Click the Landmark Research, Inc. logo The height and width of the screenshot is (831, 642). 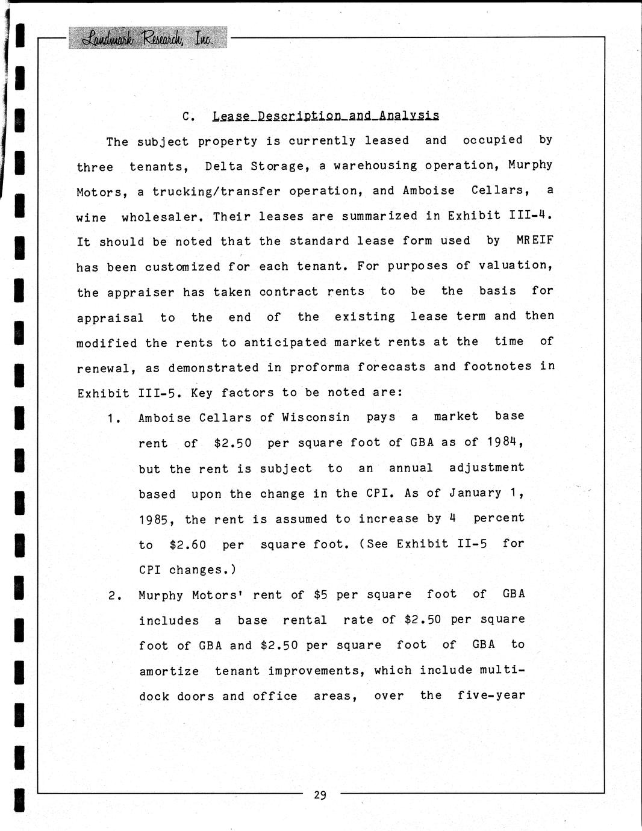[x=148, y=38]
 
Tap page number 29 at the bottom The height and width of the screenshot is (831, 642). [x=320, y=795]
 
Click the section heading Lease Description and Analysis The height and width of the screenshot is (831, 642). [x=326, y=116]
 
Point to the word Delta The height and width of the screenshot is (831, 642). [x=224, y=166]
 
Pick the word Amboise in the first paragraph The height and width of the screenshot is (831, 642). [x=429, y=191]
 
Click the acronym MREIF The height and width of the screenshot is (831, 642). [x=535, y=240]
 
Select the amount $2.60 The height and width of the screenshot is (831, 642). [x=188, y=545]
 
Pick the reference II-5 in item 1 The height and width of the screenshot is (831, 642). [x=472, y=544]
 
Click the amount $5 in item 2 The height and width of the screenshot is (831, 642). [x=320, y=595]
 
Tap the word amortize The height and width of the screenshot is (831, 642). [x=169, y=671]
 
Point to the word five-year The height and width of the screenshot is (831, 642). [x=491, y=696]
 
